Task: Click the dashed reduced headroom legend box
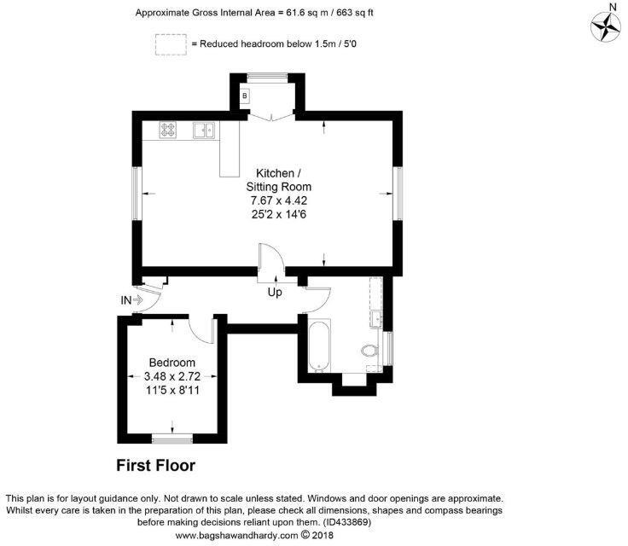pyautogui.click(x=170, y=44)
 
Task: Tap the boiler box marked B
pyautogui.click(x=245, y=96)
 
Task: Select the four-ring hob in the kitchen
pyautogui.click(x=168, y=131)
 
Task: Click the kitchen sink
pyautogui.click(x=203, y=131)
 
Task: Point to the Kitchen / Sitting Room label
pyautogui.click(x=278, y=179)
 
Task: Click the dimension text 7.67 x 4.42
pyautogui.click(x=278, y=200)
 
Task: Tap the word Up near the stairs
pyautogui.click(x=276, y=293)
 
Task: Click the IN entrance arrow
pyautogui.click(x=131, y=299)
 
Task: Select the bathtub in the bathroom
pyautogui.click(x=318, y=346)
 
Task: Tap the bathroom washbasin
pyautogui.click(x=375, y=319)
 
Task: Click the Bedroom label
pyautogui.click(x=172, y=362)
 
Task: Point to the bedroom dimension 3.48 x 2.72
pyautogui.click(x=172, y=375)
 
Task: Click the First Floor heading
pyautogui.click(x=156, y=466)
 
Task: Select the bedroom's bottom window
pyautogui.click(x=172, y=439)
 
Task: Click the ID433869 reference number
pyautogui.click(x=346, y=522)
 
